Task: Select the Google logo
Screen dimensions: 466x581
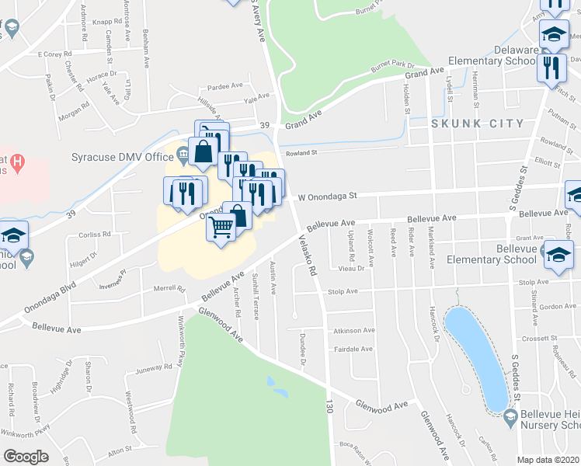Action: [x=26, y=456]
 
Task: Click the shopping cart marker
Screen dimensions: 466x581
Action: [x=221, y=228]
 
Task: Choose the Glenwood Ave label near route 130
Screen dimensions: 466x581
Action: [x=381, y=405]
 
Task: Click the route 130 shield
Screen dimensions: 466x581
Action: [x=329, y=405]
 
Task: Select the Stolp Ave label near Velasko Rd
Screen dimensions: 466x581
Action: [x=342, y=292]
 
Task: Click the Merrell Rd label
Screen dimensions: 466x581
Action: [x=170, y=289]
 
